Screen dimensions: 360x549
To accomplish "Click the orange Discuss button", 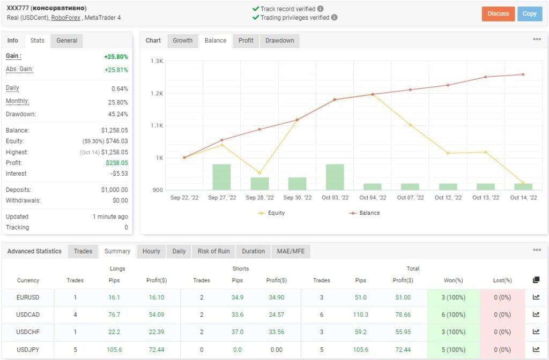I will (498, 14).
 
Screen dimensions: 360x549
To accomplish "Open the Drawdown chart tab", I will (279, 41).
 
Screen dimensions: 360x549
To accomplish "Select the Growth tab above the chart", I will (182, 41).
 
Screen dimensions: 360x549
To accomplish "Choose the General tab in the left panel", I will (67, 41).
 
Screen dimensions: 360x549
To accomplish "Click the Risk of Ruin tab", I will (213, 251).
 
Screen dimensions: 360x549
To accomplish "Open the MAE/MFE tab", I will (290, 251).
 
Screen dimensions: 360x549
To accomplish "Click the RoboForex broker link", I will (66, 18).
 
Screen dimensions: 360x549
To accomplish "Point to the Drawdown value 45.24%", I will (118, 114).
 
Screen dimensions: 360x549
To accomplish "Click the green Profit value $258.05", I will (116, 163).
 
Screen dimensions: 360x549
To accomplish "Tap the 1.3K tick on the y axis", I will (157, 61).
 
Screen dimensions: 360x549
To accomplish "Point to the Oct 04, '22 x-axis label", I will (373, 198).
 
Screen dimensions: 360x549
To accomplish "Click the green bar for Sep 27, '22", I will (221, 177).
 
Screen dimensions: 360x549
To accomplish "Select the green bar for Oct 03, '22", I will (335, 177).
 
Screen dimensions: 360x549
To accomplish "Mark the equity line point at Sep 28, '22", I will (259, 173).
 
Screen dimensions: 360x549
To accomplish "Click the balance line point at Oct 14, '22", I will (523, 74).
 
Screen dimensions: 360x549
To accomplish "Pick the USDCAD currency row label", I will (28, 315).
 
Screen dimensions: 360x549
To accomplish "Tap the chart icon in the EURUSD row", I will (536, 298).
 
